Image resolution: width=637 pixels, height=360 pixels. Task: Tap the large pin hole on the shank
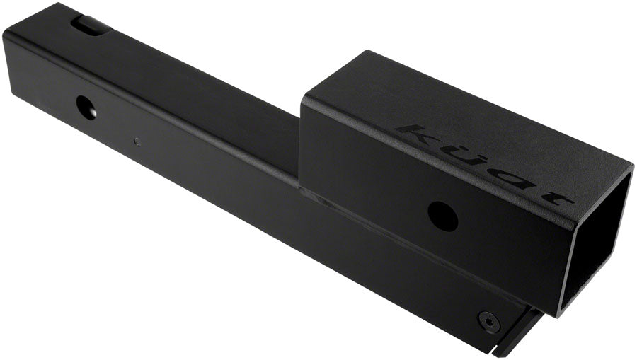click(x=87, y=107)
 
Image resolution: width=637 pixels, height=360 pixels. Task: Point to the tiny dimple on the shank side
click(x=137, y=141)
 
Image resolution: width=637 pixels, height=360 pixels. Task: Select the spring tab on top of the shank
click(x=91, y=24)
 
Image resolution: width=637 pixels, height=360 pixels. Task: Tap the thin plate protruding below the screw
click(x=517, y=339)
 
